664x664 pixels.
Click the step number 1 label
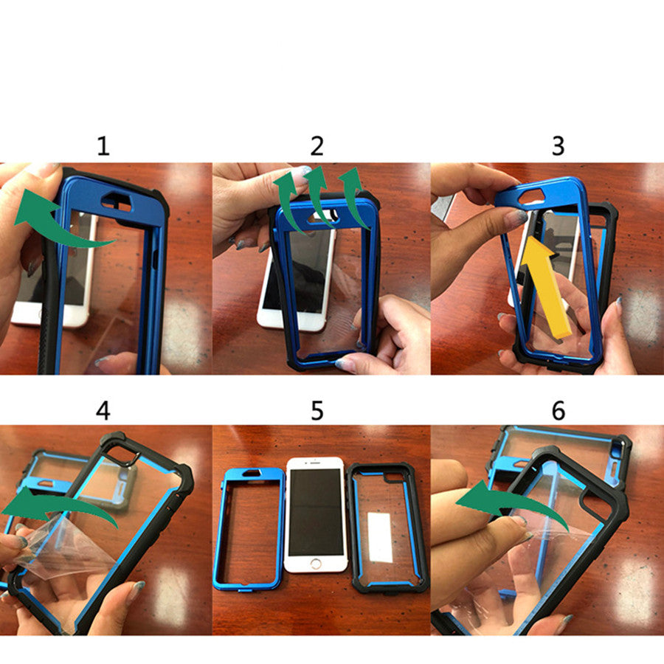point(103,146)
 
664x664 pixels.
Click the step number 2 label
point(317,146)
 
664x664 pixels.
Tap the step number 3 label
point(558,146)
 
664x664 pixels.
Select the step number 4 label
point(103,410)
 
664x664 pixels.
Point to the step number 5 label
point(317,410)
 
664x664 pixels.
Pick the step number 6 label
point(558,410)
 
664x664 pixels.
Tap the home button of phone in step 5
point(316,563)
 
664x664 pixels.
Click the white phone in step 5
point(316,509)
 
